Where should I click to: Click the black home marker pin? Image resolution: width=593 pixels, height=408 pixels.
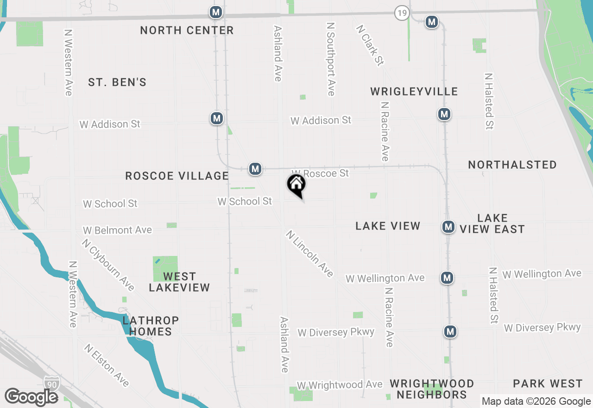pos(296,185)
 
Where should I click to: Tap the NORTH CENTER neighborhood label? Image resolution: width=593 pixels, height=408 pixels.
pos(187,31)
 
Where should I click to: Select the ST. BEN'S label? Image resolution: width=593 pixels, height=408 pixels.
pos(117,83)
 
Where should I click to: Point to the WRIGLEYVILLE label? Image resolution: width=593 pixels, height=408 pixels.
pos(414,91)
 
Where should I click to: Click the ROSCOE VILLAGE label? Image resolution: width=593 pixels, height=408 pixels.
pos(177,176)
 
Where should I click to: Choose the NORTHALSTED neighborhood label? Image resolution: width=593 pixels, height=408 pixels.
pos(512,165)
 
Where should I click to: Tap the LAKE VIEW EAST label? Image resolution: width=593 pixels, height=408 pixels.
pos(492,223)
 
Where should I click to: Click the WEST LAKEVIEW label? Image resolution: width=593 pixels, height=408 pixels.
pos(179,282)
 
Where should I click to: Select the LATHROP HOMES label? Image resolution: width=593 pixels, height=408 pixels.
pos(151,326)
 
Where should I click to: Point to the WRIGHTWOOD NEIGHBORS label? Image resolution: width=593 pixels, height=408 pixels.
pos(432,389)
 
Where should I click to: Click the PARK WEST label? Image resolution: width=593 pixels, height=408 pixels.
pos(548,383)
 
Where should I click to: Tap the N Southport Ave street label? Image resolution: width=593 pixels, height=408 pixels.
pos(330,59)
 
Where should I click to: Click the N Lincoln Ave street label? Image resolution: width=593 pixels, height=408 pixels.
pos(309,254)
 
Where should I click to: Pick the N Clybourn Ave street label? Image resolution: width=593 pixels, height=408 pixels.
pos(108,265)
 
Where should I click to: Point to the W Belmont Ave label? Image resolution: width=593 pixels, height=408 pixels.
pos(117,230)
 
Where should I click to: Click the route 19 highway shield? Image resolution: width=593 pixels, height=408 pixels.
pos(402,13)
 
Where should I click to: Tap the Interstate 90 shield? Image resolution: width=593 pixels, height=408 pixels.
pos(51,383)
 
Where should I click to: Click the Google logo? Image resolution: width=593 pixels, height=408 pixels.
pos(31,397)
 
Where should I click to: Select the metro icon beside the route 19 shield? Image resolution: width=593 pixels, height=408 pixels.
pos(432,22)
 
